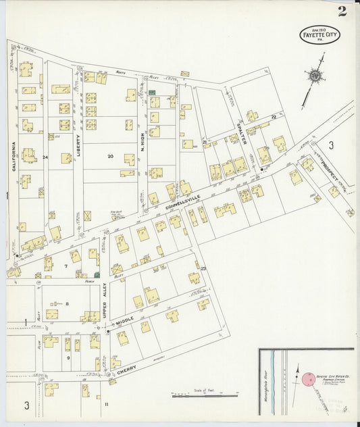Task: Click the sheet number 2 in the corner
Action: [x=342, y=11]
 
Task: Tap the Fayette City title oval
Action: [x=319, y=35]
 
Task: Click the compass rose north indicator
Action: [x=314, y=76]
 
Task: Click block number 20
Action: [x=109, y=155]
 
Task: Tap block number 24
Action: [x=46, y=157]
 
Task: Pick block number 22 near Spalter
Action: [x=274, y=117]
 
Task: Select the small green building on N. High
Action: [x=153, y=92]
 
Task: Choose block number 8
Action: [x=67, y=303]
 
